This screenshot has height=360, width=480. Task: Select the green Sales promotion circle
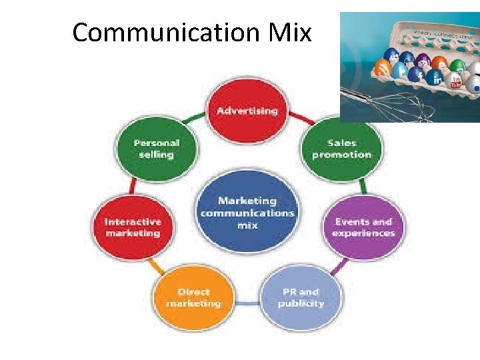tap(341, 148)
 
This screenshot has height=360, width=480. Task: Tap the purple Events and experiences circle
tap(363, 227)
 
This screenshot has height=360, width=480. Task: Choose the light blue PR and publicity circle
tap(301, 297)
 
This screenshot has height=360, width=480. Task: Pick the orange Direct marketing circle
tap(193, 297)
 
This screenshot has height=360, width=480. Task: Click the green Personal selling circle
tap(156, 148)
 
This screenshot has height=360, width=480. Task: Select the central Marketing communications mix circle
tap(247, 212)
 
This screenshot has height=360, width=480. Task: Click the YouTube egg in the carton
tap(456, 81)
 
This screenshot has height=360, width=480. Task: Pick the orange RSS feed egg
tap(383, 67)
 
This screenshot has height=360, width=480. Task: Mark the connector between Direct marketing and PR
tap(247, 303)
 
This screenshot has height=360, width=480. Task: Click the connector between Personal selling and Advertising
tap(193, 118)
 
